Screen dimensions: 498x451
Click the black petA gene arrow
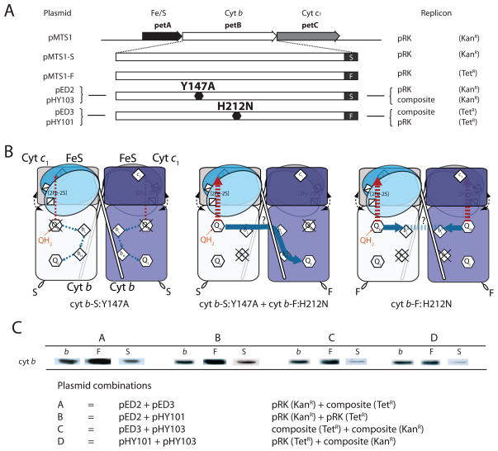pos(161,36)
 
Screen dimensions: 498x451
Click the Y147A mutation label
pos(197,84)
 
